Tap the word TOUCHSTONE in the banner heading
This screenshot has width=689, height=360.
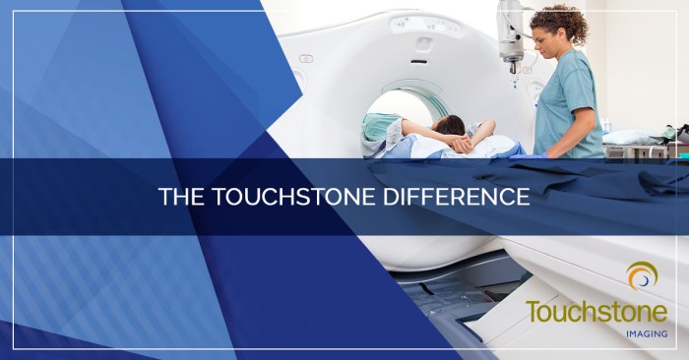pyautogui.click(x=285, y=196)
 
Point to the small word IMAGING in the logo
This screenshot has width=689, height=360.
pyautogui.click(x=645, y=335)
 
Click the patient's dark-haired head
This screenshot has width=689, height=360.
pyautogui.click(x=450, y=125)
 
